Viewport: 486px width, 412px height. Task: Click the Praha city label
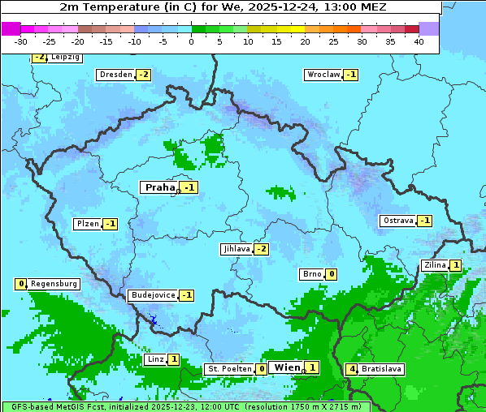pyautogui.click(x=159, y=187)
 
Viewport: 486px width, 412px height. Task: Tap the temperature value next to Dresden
pyautogui.click(x=143, y=75)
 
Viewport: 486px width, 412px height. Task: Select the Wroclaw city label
pyautogui.click(x=323, y=75)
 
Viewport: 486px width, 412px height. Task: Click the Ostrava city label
pyautogui.click(x=397, y=221)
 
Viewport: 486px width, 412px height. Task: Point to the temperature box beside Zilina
pyautogui.click(x=456, y=265)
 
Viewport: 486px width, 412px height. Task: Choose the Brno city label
pyautogui.click(x=311, y=274)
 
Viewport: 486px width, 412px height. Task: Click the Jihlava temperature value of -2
pyautogui.click(x=261, y=249)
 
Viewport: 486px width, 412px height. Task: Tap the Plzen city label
pyautogui.click(x=87, y=224)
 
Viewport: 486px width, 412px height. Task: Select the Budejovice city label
pyautogui.click(x=152, y=295)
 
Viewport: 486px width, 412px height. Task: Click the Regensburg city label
pyautogui.click(x=54, y=284)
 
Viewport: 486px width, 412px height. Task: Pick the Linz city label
pyautogui.click(x=155, y=359)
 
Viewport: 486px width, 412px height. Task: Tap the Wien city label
pyautogui.click(x=287, y=367)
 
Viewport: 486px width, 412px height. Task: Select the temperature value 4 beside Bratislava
pyautogui.click(x=351, y=369)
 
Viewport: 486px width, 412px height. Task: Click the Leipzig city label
pyautogui.click(x=65, y=58)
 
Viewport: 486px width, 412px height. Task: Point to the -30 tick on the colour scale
pyautogui.click(x=21, y=41)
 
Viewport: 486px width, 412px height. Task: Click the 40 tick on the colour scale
pyautogui.click(x=419, y=41)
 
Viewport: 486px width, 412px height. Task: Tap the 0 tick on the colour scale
pyautogui.click(x=191, y=41)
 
